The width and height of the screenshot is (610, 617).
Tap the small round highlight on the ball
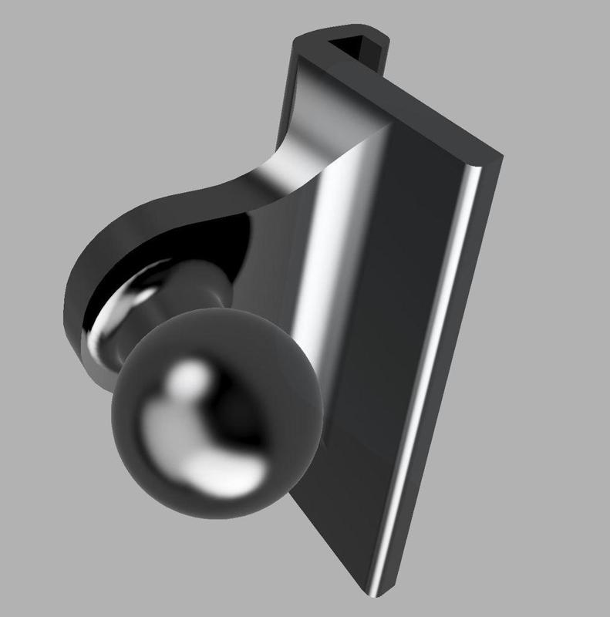(x=193, y=379)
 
